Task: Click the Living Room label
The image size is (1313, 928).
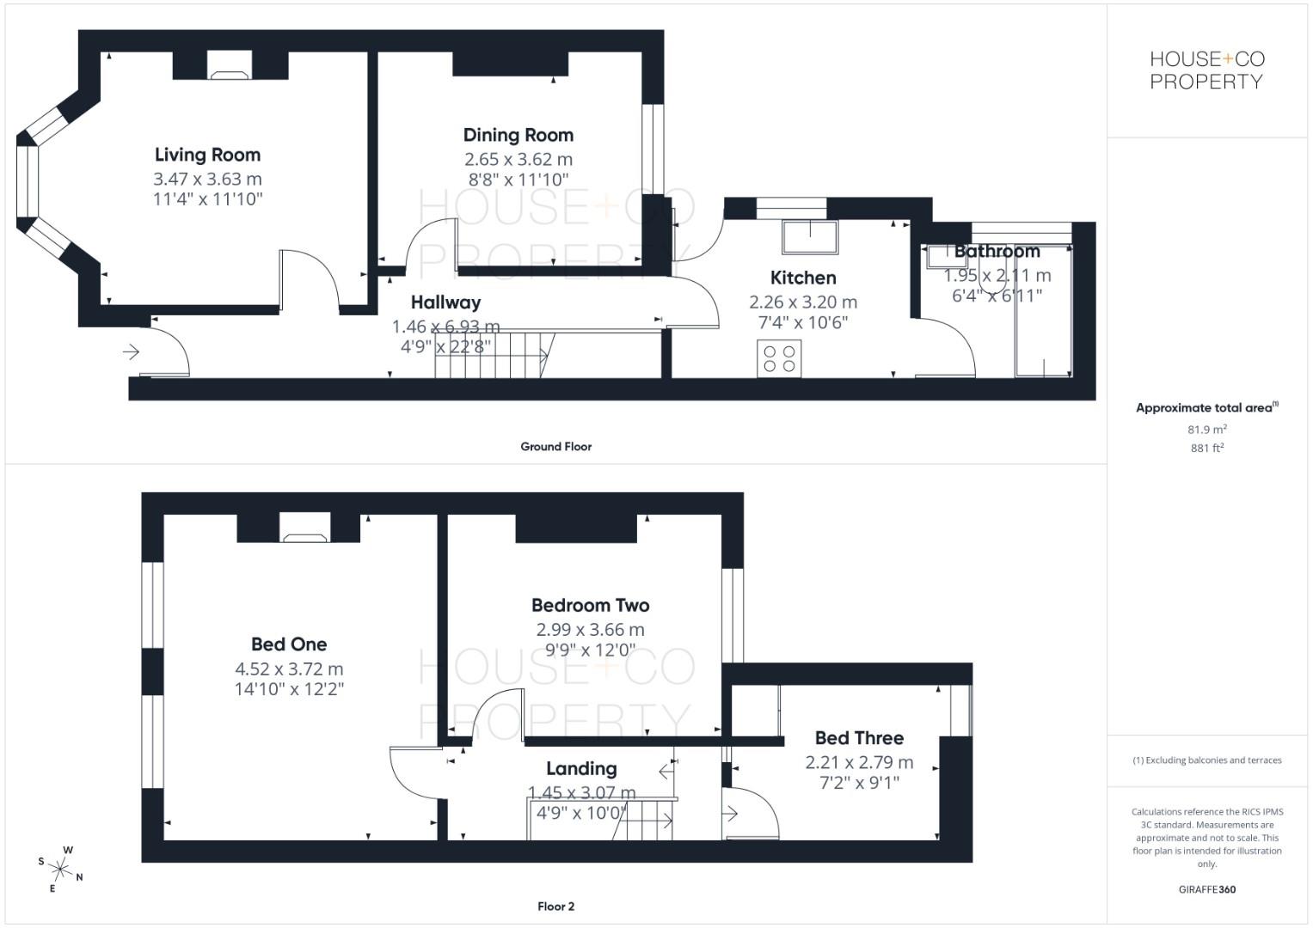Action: [207, 155]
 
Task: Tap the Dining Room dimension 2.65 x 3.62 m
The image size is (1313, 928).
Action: [518, 159]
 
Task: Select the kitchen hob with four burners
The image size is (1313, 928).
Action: [780, 358]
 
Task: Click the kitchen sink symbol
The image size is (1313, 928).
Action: [810, 237]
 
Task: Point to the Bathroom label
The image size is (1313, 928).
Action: [997, 251]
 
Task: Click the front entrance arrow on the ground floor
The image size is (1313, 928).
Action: [131, 351]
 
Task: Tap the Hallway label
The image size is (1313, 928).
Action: [445, 302]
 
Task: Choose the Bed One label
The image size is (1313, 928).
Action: [289, 644]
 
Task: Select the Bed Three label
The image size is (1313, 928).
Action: [859, 738]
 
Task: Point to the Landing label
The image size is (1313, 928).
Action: [581, 768]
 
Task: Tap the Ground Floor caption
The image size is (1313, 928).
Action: [555, 447]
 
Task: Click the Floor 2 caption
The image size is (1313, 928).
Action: [555, 907]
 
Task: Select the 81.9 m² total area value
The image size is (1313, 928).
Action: [1206, 430]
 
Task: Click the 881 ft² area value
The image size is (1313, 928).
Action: [1206, 448]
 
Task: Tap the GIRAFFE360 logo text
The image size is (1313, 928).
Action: [1206, 889]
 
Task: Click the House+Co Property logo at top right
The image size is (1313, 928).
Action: [1206, 70]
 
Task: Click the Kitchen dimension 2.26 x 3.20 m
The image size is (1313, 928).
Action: [803, 302]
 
